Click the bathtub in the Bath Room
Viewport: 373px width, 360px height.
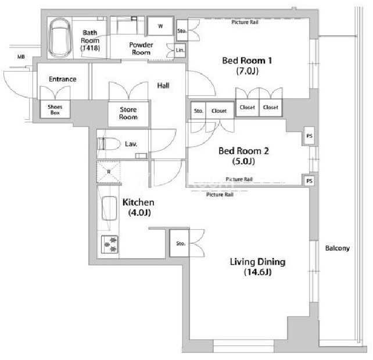tap(60, 38)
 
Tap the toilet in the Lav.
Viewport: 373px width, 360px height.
tap(109, 144)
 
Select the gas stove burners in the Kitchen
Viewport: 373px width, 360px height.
tap(110, 244)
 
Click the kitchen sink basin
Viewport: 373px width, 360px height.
tap(109, 208)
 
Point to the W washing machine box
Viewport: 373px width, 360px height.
tap(160, 26)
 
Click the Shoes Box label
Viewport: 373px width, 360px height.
tap(55, 109)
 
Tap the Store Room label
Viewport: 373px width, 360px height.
tap(128, 113)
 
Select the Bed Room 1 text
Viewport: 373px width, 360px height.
tap(247, 60)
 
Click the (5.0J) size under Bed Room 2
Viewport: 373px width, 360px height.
tap(243, 161)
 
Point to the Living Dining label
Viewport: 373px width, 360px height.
tap(257, 262)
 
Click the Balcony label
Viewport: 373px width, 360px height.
tap(338, 248)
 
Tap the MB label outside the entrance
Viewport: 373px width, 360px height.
tap(21, 56)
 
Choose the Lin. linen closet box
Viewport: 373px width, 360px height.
tap(180, 50)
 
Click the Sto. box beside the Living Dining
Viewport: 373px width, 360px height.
tap(180, 243)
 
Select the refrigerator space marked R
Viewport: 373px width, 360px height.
tap(109, 172)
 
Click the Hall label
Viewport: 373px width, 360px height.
tap(163, 85)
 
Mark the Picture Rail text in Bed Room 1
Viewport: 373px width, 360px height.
tap(245, 22)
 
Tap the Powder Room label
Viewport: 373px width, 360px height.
tap(141, 49)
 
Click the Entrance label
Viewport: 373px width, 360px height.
tap(63, 79)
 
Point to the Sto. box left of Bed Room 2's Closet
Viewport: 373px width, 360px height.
tap(198, 111)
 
